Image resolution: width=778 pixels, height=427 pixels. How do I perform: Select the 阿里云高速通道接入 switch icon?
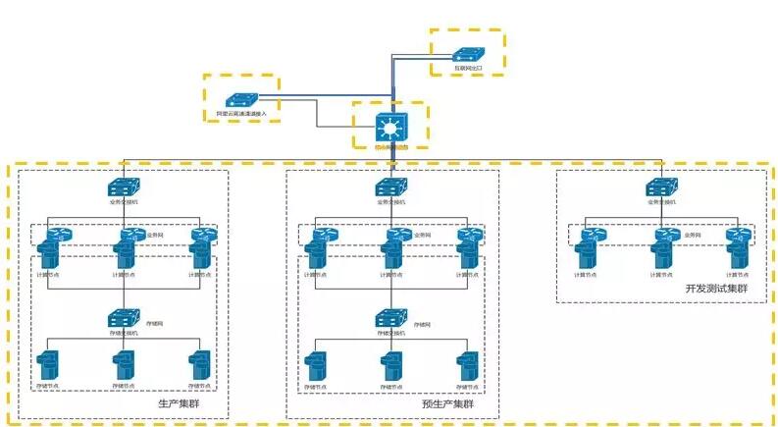239,99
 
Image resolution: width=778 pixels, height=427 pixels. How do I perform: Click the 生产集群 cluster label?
180,403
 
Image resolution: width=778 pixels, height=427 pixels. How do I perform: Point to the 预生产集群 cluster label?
447,403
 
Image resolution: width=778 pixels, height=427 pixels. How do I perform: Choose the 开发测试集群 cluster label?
716,290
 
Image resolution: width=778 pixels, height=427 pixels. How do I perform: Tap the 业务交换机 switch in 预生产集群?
390,187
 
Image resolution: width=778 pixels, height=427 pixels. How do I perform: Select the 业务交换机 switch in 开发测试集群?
659,187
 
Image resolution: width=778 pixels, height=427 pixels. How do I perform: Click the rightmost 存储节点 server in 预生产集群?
470,366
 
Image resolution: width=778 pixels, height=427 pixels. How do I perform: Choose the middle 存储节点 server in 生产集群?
123,366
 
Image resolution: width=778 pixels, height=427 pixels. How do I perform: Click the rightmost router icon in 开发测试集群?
737,236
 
